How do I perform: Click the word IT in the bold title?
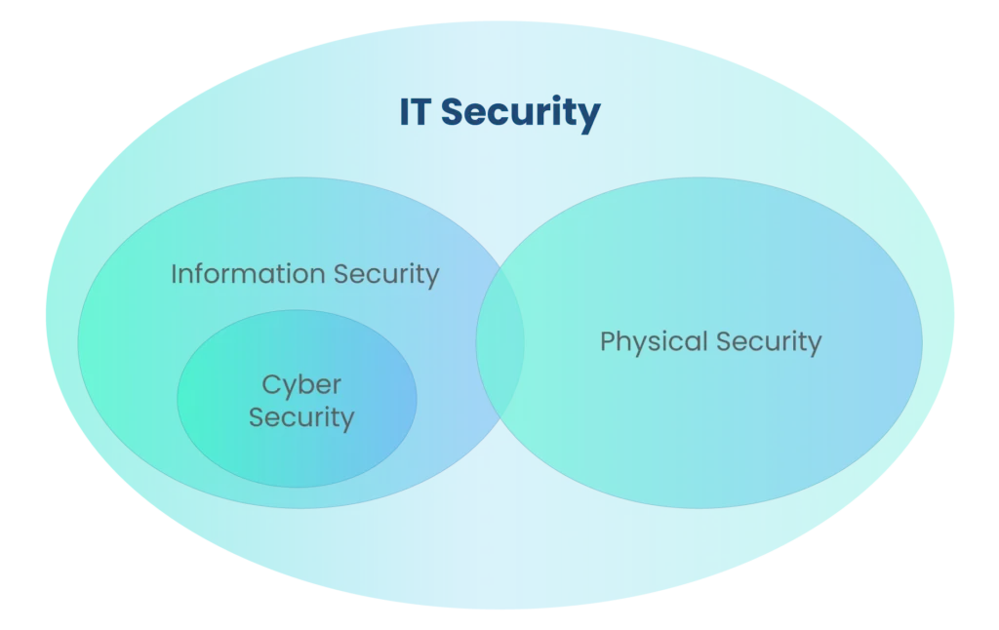pyautogui.click(x=416, y=112)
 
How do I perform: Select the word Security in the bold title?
pyautogui.click(x=520, y=114)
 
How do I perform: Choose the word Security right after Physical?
pyautogui.click(x=769, y=342)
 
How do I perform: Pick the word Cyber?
pyautogui.click(x=301, y=386)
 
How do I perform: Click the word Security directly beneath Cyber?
pyautogui.click(x=301, y=418)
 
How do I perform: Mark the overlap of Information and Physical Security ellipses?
pyautogui.click(x=500, y=341)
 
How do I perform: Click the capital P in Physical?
pyautogui.click(x=607, y=341)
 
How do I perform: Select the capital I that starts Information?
pyautogui.click(x=174, y=274)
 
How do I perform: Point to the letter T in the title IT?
pyautogui.click(x=421, y=112)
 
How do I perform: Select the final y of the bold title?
pyautogui.click(x=589, y=117)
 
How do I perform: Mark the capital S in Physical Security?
pyautogui.click(x=723, y=342)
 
